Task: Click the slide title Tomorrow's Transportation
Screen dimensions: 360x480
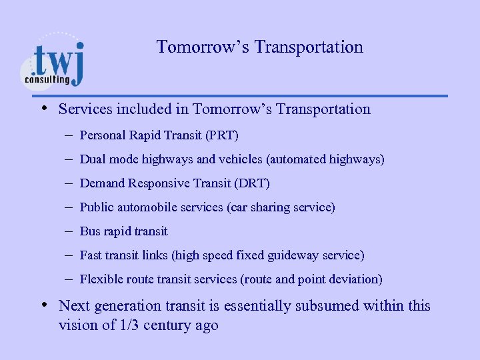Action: pyautogui.click(x=259, y=47)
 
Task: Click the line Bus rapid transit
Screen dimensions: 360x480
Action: pyautogui.click(x=123, y=231)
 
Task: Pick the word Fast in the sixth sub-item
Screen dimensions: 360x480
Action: pyautogui.click(x=91, y=255)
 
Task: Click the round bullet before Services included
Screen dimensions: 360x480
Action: pyautogui.click(x=43, y=108)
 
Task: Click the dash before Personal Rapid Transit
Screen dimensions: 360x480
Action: pyautogui.click(x=69, y=135)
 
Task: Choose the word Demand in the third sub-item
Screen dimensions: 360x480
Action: pyautogui.click(x=99, y=183)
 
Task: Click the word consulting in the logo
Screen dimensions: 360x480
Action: pyautogui.click(x=47, y=79)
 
